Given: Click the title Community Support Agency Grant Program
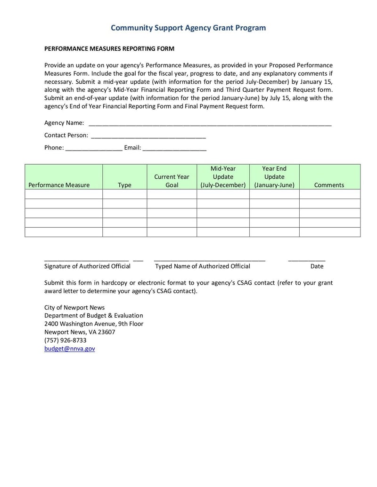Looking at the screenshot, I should coord(188,28).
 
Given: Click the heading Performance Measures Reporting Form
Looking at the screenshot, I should coord(109,48).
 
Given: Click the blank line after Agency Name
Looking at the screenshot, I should coord(210,124).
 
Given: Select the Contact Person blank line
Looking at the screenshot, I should coord(148,136).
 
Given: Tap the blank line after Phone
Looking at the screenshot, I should coord(94,149).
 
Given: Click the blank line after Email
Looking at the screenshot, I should coord(174,149).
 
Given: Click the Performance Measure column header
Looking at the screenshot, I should coord(59,185).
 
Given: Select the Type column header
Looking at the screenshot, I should coord(124,185).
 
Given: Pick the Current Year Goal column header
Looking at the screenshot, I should coord(172,181).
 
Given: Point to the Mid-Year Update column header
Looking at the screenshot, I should coord(223,177).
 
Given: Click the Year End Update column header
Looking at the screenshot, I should coord(274,177).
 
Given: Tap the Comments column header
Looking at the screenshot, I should coord(329,185).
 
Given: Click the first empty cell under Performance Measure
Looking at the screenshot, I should coord(64,194).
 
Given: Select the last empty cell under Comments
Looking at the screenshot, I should coord(329,232).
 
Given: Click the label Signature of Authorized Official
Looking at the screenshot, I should coord(87,266).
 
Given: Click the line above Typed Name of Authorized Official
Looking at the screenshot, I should coord(209,259).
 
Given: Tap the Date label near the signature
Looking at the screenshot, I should coord(317,266).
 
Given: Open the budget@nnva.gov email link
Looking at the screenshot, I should coord(70,349).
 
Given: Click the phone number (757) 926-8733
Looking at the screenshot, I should coord(66,340).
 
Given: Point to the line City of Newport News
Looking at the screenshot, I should coord(74,307).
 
